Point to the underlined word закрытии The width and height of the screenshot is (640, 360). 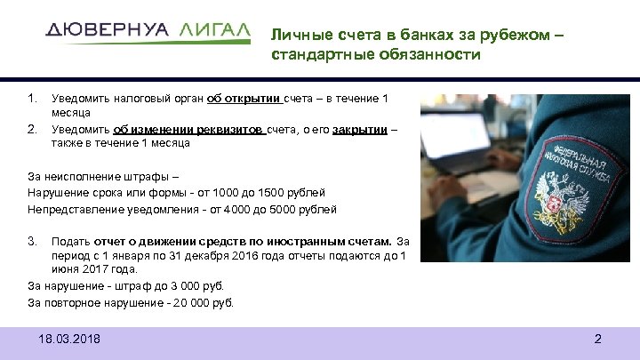tap(360, 129)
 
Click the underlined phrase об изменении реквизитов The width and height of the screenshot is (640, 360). tap(188, 129)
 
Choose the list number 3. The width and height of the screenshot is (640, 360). tap(32, 241)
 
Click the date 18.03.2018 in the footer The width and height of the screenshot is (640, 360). tap(70, 339)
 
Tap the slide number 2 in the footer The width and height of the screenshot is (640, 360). tap(597, 339)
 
